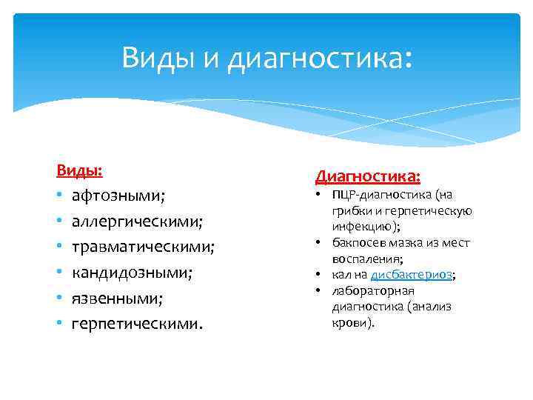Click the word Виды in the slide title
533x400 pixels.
[x=154, y=57]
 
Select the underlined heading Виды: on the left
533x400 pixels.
[x=79, y=170]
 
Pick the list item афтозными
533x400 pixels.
[x=118, y=196]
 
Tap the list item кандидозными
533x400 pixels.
[x=132, y=272]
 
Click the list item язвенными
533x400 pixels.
[x=116, y=298]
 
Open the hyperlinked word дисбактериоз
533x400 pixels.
[x=411, y=275]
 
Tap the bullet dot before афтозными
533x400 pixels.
[x=59, y=196]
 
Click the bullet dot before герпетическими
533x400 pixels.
[x=59, y=324]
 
